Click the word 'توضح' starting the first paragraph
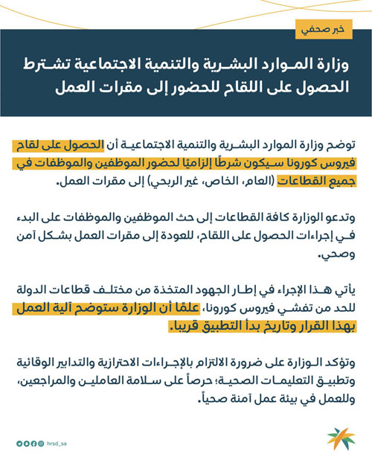[338, 141]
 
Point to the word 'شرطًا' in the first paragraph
[218, 159]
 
